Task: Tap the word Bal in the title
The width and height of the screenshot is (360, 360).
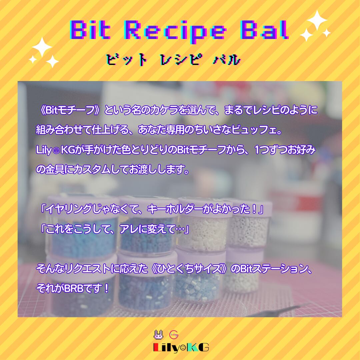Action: point(263,30)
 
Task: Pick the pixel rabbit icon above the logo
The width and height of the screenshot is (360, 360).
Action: point(158,334)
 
